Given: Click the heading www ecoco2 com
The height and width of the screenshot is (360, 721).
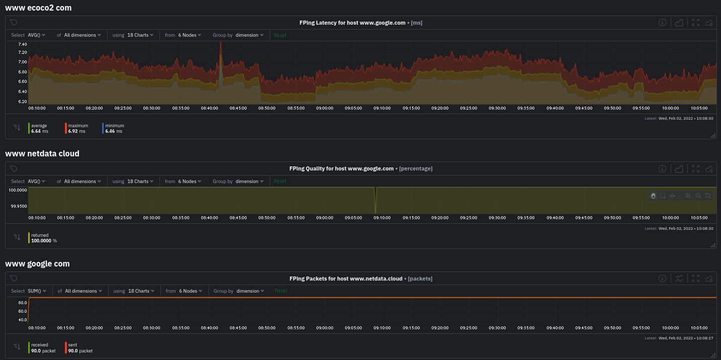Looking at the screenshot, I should tap(38, 8).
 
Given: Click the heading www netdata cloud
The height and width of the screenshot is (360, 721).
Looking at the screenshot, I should tap(42, 153).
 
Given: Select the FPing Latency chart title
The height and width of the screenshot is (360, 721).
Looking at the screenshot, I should tap(352, 23).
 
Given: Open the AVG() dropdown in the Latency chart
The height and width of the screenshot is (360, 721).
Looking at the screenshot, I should tap(36, 35).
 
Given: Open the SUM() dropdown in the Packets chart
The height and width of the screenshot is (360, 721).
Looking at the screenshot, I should tap(37, 291).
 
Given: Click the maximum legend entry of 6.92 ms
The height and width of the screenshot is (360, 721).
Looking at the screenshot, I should tap(78, 128).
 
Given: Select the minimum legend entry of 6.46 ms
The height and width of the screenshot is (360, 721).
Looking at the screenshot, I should tap(115, 128).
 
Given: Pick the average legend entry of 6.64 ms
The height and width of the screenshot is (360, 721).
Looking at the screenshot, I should tap(39, 128).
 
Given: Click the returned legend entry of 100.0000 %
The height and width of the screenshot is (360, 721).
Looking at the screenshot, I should tap(44, 238).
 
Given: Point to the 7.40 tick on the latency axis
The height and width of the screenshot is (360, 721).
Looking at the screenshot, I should tap(22, 45).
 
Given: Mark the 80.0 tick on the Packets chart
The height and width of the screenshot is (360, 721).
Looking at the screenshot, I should tap(23, 303).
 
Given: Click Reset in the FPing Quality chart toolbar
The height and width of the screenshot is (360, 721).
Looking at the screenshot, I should tap(280, 182).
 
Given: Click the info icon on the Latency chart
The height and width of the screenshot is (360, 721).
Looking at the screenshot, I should tap(663, 23).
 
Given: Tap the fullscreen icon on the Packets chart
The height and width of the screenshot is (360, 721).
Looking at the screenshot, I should tap(695, 279).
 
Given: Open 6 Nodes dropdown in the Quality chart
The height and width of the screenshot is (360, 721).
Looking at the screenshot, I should tap(190, 182).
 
